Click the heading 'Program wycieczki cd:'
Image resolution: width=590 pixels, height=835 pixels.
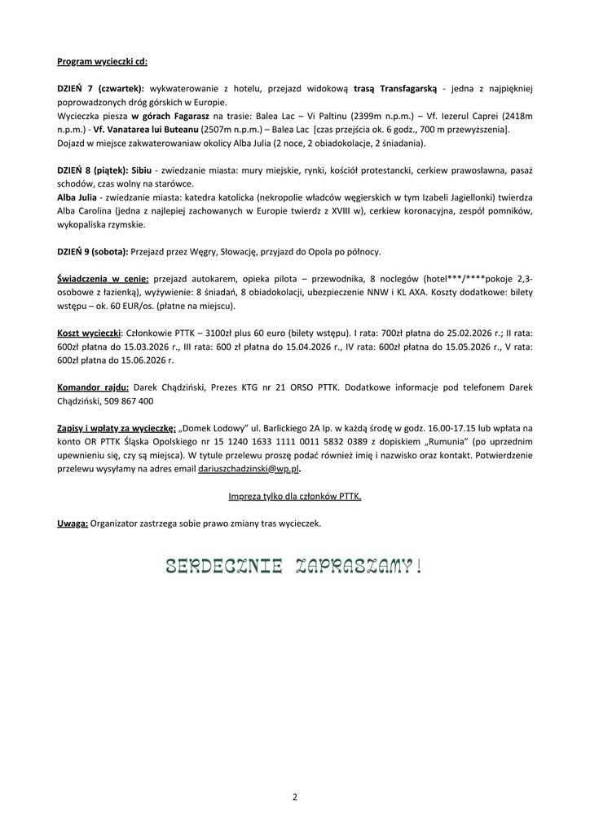pyautogui.click(x=102, y=61)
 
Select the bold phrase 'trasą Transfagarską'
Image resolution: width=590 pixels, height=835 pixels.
pyautogui.click(x=397, y=88)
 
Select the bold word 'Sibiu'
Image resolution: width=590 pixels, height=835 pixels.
pyautogui.click(x=144, y=170)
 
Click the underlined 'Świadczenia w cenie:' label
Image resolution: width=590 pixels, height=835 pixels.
pyautogui.click(x=103, y=278)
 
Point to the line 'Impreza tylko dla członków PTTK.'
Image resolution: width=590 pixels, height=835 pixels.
pyautogui.click(x=294, y=496)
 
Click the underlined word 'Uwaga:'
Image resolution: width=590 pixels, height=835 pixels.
pyautogui.click(x=73, y=523)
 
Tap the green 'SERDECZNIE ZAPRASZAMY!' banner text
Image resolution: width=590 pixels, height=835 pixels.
pyautogui.click(x=294, y=565)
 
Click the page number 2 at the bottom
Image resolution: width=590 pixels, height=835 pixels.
pyautogui.click(x=295, y=797)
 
